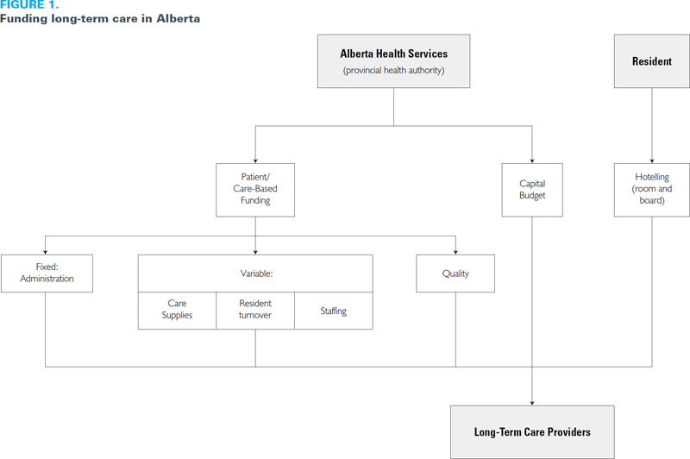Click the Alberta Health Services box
coord(393,61)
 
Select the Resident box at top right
coord(652,61)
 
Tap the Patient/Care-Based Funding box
coord(255,190)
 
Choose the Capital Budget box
coord(532,190)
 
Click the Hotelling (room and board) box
coord(652,190)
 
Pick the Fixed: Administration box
coord(47,274)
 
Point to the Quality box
coord(455,274)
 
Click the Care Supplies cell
coord(177,311)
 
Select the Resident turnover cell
coord(255,311)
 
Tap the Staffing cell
coord(334,311)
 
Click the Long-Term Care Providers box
coord(532,432)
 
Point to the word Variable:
coord(256,274)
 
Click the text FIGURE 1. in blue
coord(29,5)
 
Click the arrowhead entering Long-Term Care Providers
coord(532,403)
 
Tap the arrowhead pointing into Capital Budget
coord(532,161)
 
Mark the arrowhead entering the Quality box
coord(455,252)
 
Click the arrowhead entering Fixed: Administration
coord(46,252)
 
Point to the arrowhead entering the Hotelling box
coord(652,161)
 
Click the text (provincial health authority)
coord(393,70)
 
